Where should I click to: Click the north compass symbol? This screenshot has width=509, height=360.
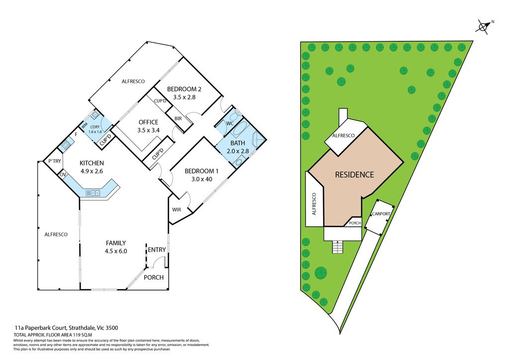point(482,26)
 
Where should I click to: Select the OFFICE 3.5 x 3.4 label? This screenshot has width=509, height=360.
point(148,126)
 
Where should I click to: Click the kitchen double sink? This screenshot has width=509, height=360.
point(92,192)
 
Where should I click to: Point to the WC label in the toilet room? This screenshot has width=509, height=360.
point(230,123)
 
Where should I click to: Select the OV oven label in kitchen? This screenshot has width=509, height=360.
point(63,175)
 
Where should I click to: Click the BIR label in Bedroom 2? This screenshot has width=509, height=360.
point(178,118)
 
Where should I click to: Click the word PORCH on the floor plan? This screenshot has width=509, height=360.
point(154,277)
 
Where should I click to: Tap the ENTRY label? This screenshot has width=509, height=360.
point(157,249)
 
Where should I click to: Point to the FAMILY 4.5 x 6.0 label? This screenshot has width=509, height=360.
point(116,247)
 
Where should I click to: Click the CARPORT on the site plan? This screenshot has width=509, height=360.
point(380,214)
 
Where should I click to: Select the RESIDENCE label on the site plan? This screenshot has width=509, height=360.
point(354,175)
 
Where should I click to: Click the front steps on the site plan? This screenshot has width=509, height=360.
point(338,247)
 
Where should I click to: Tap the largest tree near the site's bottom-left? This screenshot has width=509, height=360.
point(321,273)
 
